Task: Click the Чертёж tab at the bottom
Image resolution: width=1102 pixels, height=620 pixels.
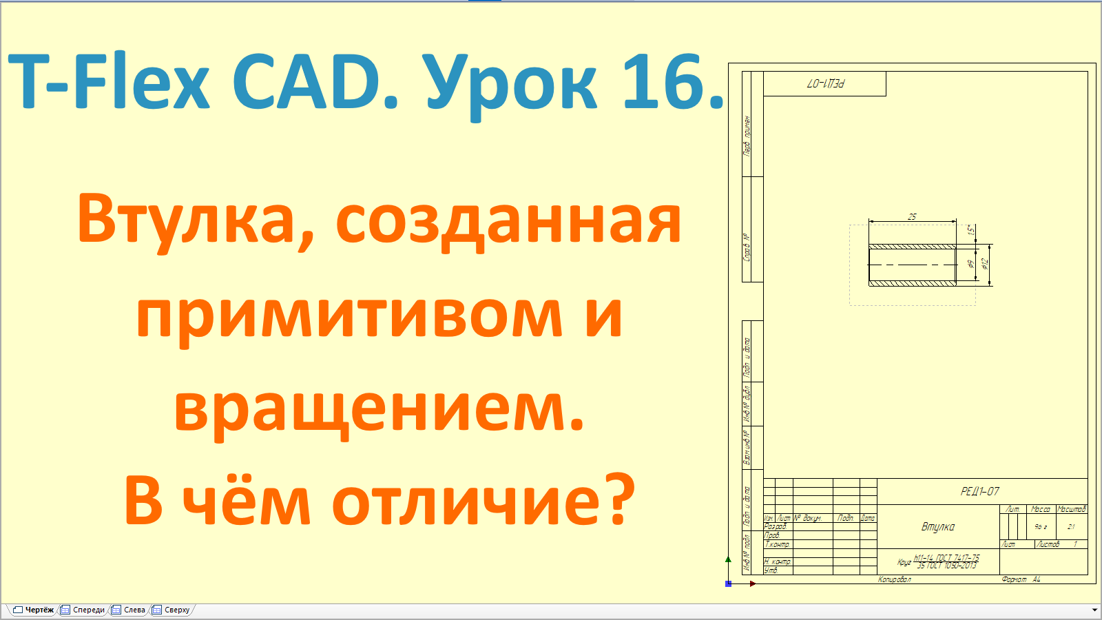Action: [x=34, y=610]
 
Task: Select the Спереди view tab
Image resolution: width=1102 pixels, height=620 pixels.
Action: [x=83, y=610]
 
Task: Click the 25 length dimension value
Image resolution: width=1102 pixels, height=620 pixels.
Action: [x=912, y=217]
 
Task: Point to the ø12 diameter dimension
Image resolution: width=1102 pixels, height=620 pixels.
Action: [x=985, y=263]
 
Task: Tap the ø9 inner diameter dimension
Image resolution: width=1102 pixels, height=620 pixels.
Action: [x=971, y=264]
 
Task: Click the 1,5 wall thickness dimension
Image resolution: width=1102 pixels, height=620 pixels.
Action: [x=971, y=230]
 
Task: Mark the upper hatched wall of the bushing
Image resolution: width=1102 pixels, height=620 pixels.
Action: [x=912, y=247]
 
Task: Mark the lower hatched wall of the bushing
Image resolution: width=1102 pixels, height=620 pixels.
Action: [x=912, y=282]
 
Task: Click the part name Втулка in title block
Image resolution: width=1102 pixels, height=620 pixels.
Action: [x=938, y=527]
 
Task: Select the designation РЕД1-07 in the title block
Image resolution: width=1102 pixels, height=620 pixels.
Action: [x=979, y=491]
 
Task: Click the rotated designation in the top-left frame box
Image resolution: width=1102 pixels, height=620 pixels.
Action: [x=825, y=84]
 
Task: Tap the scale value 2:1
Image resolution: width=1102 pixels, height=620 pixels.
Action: [x=1071, y=527]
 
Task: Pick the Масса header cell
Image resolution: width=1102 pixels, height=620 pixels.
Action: [x=1040, y=509]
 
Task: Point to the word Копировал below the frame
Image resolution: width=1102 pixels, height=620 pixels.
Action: [x=894, y=579]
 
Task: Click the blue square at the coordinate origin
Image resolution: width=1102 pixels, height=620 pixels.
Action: [x=729, y=583]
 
